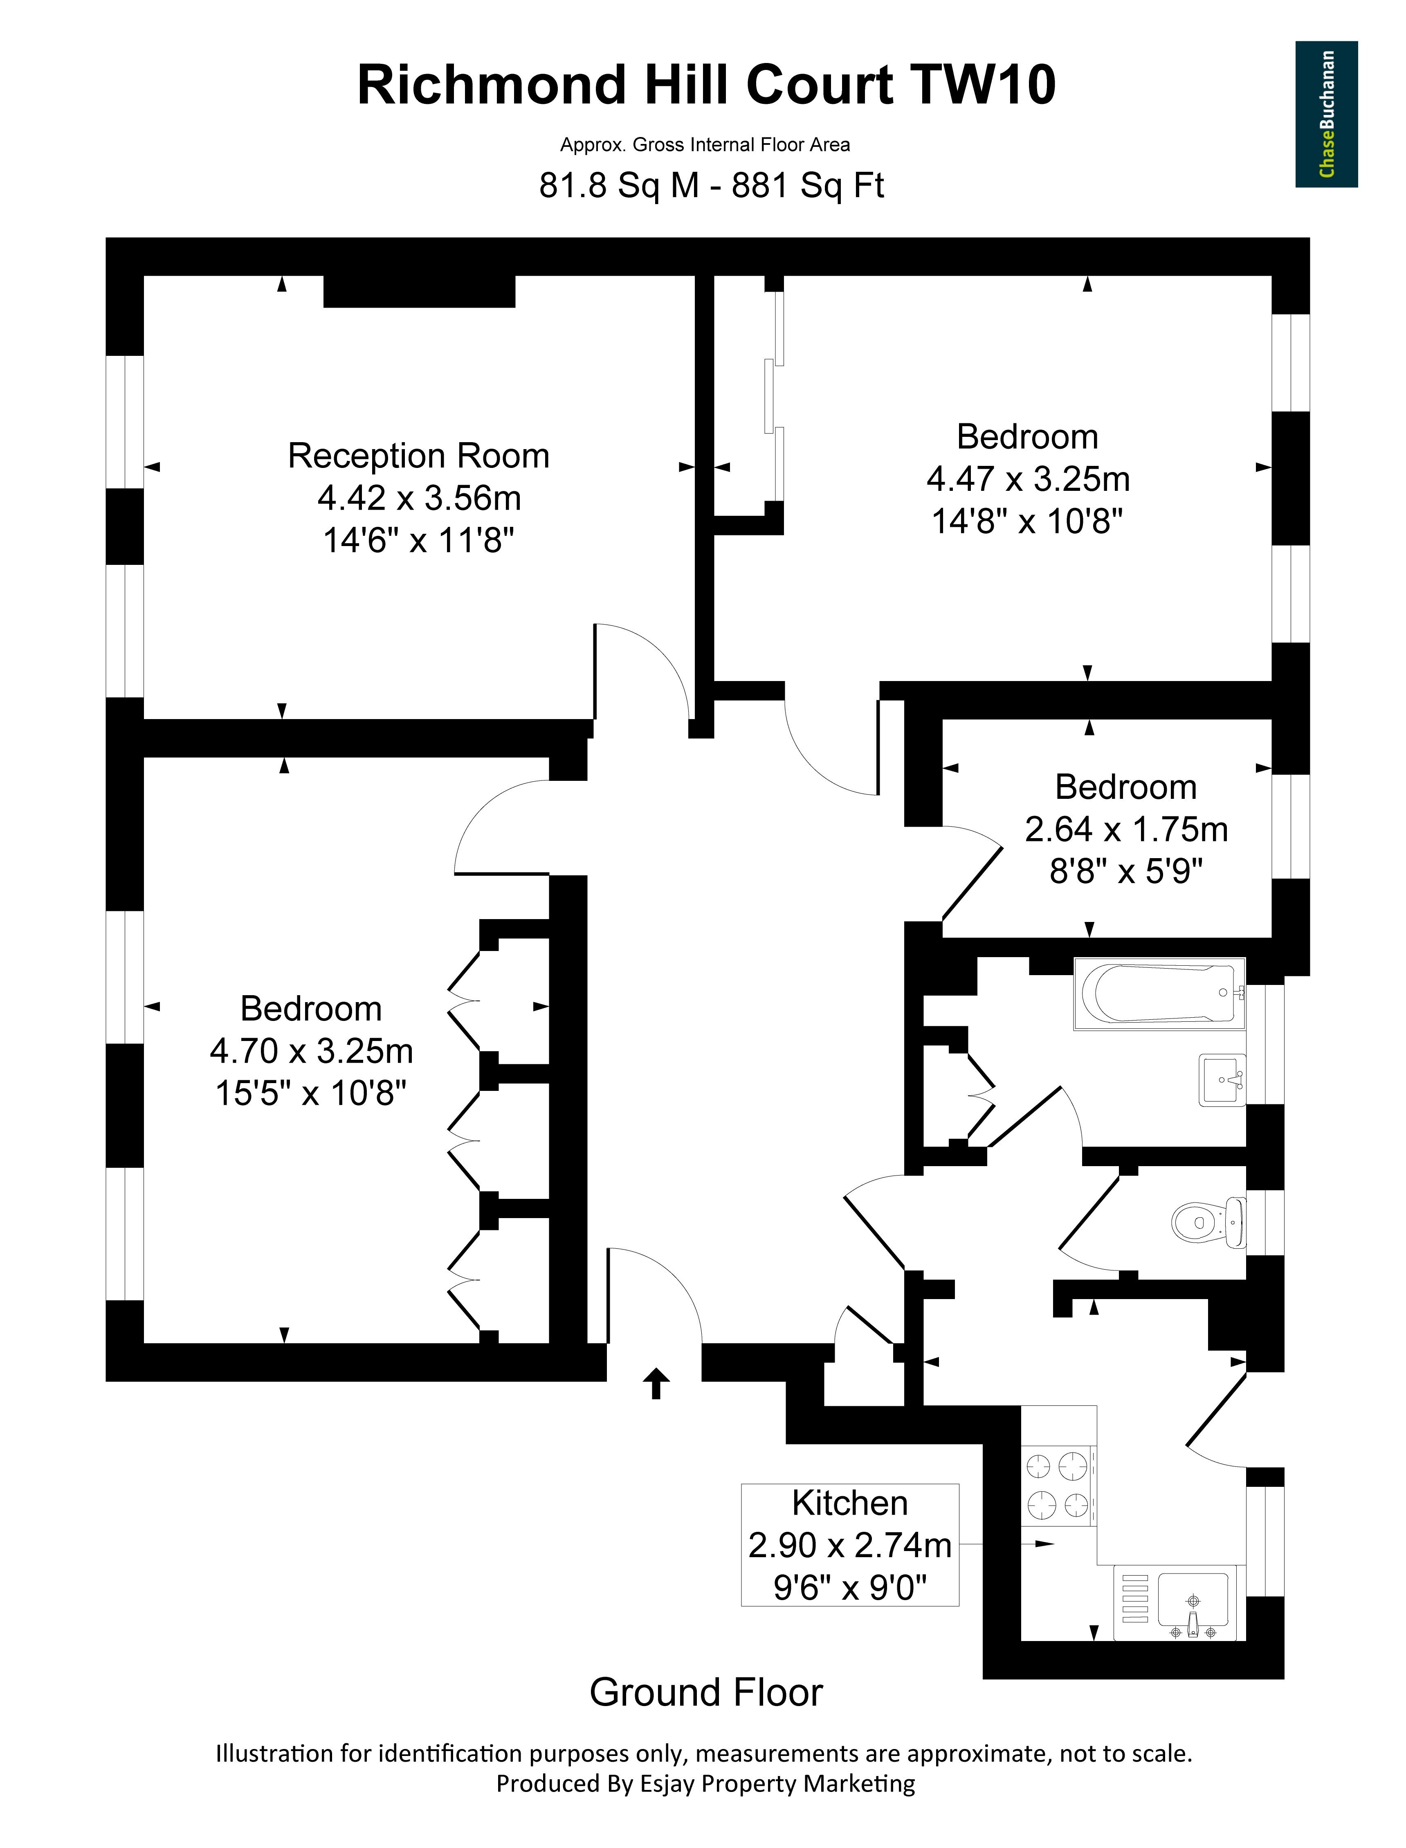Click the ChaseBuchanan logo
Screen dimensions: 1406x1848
1327,115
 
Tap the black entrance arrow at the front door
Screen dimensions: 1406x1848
656,1384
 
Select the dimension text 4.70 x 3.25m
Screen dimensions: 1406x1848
311,1051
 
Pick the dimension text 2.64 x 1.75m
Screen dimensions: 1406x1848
1126,830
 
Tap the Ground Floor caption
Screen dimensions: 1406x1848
706,1692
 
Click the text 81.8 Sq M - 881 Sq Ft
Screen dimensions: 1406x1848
711,185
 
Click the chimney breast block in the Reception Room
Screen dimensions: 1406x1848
419,291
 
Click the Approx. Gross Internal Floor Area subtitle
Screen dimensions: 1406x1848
705,145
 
